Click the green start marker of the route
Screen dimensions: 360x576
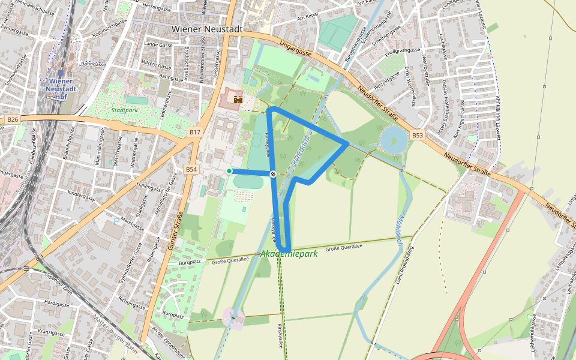[x=229, y=171]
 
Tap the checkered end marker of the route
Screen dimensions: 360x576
[x=273, y=174]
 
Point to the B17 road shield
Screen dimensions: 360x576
[x=194, y=132]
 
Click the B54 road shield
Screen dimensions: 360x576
[x=191, y=170]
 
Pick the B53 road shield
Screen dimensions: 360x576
[x=418, y=136]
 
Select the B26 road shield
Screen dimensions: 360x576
[x=13, y=120]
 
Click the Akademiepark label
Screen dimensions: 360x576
[x=289, y=254]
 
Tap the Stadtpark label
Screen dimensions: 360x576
[x=124, y=110]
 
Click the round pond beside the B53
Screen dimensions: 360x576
[x=393, y=140]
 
